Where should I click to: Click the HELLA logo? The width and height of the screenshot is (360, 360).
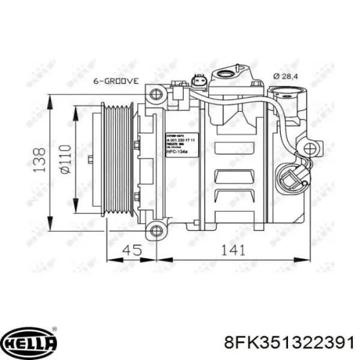(x=29, y=342)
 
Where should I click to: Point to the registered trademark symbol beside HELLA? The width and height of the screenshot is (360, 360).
(x=55, y=329)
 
